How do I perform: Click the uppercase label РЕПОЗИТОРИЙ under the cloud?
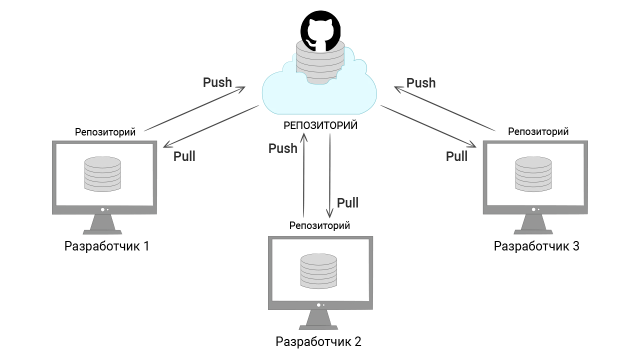[320, 125]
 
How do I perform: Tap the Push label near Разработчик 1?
[217, 82]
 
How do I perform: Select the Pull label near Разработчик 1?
[184, 156]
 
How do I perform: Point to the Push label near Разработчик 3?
[421, 83]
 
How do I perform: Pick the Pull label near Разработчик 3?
[456, 156]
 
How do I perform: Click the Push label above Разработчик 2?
[283, 148]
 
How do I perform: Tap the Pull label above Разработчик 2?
[347, 202]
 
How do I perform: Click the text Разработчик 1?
[106, 246]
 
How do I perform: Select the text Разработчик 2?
[318, 342]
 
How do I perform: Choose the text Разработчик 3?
[536, 246]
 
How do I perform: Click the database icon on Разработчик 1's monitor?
[102, 173]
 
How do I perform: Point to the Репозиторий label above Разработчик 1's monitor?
[105, 132]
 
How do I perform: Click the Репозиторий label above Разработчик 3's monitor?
[538, 131]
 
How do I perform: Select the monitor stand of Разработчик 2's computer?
[318, 320]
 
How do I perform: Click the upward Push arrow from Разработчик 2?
[303, 175]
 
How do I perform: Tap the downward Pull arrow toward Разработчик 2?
[329, 175]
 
